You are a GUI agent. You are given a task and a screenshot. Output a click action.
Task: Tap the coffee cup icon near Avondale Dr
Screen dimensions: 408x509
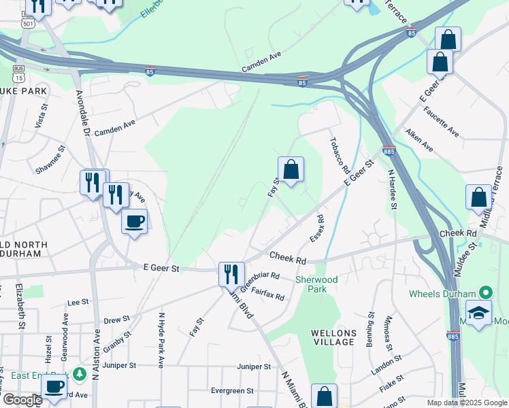tap(134, 222)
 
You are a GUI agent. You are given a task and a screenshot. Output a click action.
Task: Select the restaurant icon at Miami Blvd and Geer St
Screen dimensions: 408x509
tap(231, 274)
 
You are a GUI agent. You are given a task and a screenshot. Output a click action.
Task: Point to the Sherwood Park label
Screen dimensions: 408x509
tap(316, 284)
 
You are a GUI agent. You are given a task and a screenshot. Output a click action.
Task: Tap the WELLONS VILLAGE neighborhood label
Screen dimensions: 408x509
tap(333, 337)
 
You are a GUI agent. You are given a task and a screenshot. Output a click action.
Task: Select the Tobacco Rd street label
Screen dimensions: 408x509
tap(339, 154)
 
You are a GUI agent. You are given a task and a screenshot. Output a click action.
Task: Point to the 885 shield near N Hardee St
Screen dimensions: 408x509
tap(388, 152)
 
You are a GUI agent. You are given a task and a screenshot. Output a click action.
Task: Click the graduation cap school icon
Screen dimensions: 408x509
tap(479, 313)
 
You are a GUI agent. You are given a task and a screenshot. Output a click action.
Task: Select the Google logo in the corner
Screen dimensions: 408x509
tap(22, 400)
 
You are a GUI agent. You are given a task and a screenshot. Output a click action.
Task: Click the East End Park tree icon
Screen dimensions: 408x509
tap(80, 374)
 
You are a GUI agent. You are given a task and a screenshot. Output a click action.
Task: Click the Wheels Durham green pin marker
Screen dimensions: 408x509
tap(485, 293)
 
